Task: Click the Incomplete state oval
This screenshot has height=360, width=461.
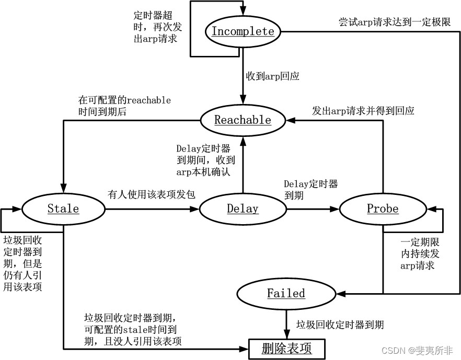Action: tap(243, 31)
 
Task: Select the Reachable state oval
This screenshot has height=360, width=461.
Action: tap(243, 120)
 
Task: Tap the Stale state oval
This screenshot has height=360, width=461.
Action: tap(63, 209)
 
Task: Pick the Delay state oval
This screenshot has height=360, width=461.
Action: tap(243, 209)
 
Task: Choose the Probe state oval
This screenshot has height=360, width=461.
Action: tap(383, 209)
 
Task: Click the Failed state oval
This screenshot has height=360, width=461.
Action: tap(286, 293)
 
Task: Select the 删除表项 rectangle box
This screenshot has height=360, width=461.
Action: tap(286, 349)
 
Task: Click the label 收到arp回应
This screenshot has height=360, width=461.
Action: tap(273, 76)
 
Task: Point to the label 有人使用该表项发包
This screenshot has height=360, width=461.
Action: tap(152, 195)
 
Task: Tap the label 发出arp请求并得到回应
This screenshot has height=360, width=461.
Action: tap(363, 111)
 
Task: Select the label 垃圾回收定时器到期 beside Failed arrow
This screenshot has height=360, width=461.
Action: tap(340, 324)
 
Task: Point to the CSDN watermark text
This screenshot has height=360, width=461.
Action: tap(417, 350)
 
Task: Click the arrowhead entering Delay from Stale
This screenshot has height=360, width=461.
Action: tap(195, 209)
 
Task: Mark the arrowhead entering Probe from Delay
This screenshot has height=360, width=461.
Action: tap(336, 209)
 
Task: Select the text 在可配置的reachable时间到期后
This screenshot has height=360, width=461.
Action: tap(124, 105)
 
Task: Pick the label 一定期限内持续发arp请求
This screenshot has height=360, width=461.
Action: tap(420, 254)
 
